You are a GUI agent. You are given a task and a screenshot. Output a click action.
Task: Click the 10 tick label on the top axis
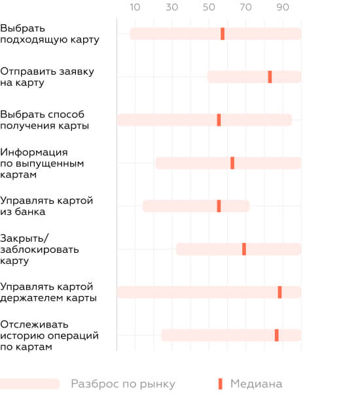[135, 7]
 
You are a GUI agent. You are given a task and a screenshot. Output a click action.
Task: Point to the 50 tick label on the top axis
[209, 7]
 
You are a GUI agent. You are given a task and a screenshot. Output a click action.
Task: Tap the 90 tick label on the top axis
[283, 7]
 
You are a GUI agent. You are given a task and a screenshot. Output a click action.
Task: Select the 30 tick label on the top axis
[172, 7]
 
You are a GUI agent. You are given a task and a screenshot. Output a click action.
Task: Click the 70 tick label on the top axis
[245, 7]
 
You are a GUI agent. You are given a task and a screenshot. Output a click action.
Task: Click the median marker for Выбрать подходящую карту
[223, 34]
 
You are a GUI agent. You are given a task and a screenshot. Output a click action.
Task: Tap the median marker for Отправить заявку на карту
[270, 77]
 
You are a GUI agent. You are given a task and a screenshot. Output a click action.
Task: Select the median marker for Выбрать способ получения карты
[219, 120]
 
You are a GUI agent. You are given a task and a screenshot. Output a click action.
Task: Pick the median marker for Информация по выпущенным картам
[232, 163]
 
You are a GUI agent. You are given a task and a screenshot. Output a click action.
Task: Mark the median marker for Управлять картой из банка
[219, 206]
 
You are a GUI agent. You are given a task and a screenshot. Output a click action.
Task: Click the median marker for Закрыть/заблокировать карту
[244, 249]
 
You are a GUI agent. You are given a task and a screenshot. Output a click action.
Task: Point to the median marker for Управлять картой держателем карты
[279, 292]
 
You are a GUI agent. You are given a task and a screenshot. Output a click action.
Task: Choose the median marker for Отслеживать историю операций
[277, 335]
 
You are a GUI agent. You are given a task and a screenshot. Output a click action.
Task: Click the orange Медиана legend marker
[220, 384]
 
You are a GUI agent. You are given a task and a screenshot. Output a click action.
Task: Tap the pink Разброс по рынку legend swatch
[29, 384]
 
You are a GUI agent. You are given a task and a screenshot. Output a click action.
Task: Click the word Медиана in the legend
[256, 384]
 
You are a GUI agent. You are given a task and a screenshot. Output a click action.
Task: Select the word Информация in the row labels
[34, 152]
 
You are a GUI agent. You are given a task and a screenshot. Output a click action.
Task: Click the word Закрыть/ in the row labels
[24, 238]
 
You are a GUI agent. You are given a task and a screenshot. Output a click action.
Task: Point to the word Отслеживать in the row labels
[34, 324]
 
